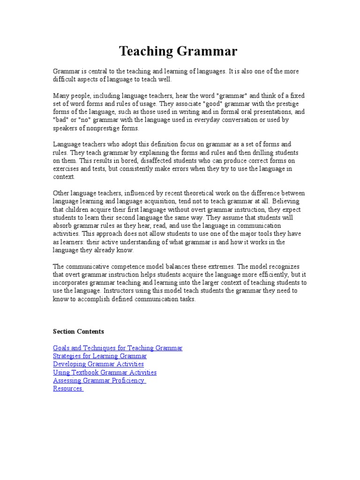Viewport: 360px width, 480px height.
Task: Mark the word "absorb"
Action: tap(63, 226)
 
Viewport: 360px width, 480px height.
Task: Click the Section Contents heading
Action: tap(79, 331)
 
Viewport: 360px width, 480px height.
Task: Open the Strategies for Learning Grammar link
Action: tap(100, 356)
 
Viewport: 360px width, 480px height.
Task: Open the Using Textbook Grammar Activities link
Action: tap(105, 372)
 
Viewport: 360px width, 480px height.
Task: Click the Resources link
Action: tap(68, 389)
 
